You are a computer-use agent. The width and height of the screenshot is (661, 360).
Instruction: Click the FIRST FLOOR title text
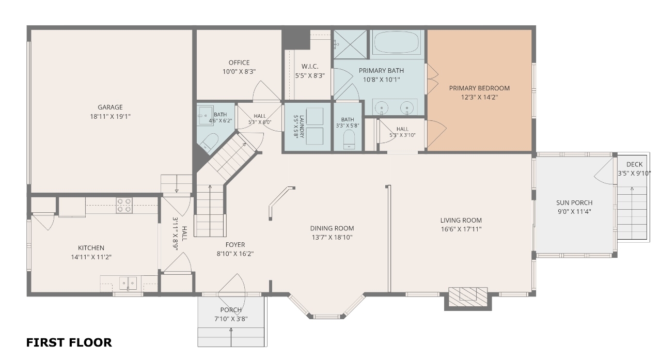point(69,342)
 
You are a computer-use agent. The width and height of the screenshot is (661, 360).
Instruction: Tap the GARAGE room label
point(110,107)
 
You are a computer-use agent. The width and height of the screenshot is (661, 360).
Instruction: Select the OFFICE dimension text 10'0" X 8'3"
point(239,71)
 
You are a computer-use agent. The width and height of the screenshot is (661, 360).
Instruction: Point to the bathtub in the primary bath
point(396,42)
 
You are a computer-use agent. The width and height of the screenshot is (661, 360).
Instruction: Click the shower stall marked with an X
point(350,44)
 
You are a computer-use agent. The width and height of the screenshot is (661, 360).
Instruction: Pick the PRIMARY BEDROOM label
point(479,88)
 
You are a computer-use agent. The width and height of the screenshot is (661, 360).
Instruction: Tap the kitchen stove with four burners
point(124,205)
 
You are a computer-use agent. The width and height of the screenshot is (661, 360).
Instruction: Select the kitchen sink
point(128,283)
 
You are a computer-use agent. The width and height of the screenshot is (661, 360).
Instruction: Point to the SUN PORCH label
point(574,202)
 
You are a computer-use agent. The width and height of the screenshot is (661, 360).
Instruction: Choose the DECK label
point(635,164)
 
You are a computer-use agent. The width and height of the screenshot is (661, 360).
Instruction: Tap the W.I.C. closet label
point(310,67)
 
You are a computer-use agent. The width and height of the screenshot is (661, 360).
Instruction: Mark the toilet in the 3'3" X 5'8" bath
point(349,139)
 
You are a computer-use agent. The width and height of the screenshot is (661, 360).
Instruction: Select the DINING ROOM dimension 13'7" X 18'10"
point(332,237)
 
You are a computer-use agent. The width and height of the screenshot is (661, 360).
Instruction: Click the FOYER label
point(235,245)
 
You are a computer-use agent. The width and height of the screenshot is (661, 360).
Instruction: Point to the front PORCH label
point(231,310)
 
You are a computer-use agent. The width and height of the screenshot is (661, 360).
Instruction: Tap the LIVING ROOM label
point(461,220)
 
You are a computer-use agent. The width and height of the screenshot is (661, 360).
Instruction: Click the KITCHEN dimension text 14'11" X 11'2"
point(91,257)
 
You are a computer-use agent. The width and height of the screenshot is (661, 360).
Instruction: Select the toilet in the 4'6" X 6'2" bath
point(210,142)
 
